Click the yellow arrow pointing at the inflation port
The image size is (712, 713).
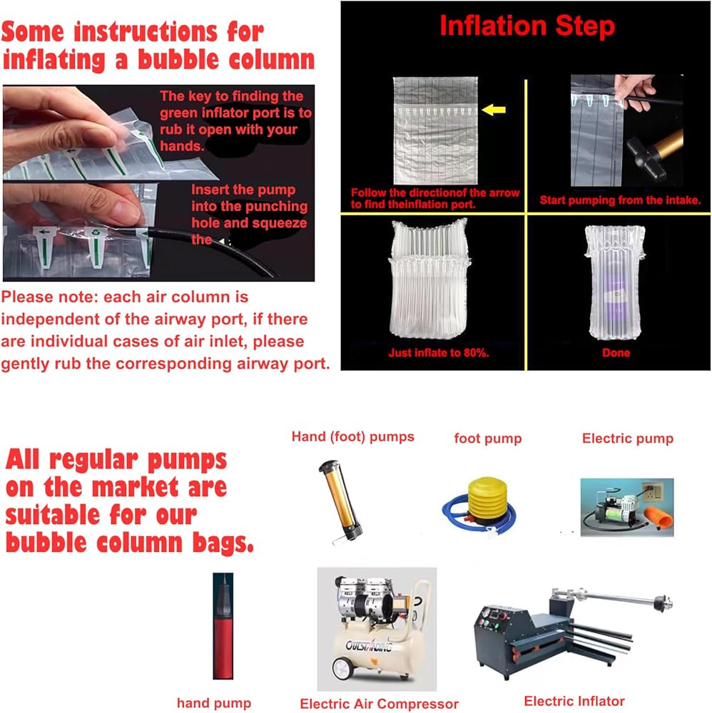click(x=494, y=110)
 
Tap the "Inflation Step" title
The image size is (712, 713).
click(x=527, y=26)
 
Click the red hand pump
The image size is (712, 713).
click(x=223, y=626)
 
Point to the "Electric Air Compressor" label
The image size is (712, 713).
click(x=379, y=704)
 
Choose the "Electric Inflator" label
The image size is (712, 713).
click(x=574, y=701)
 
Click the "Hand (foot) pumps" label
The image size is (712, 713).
click(x=352, y=436)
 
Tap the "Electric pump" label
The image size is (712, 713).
click(x=627, y=438)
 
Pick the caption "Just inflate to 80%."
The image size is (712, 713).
click(x=439, y=353)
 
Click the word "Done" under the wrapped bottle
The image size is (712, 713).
click(x=616, y=353)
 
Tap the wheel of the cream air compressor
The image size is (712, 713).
click(x=343, y=667)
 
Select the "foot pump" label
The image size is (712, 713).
click(x=488, y=438)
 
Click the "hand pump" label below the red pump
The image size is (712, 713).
click(x=214, y=703)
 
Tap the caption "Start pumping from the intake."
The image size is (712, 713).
click(x=620, y=200)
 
